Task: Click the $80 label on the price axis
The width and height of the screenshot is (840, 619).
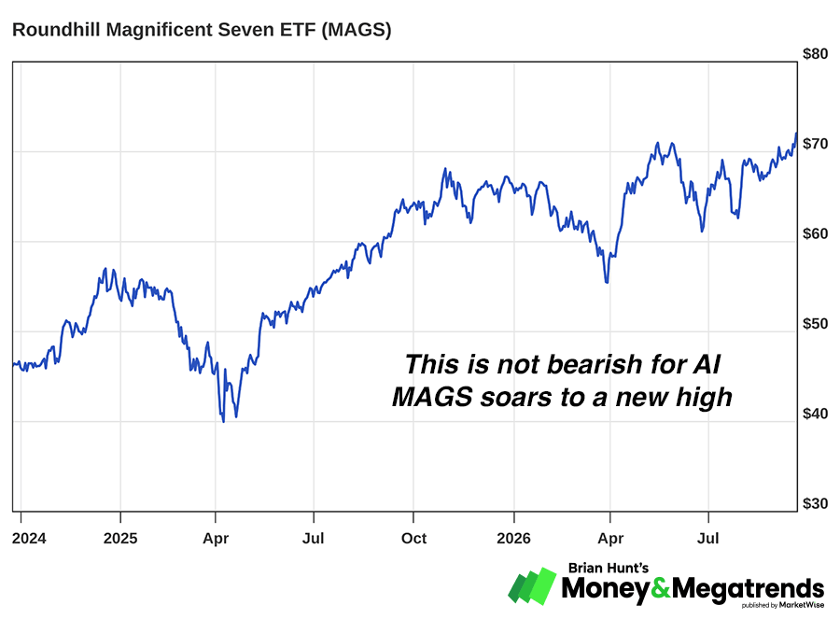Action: (815, 54)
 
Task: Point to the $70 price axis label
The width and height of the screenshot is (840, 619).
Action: (815, 144)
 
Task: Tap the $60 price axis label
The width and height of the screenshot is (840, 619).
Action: (815, 234)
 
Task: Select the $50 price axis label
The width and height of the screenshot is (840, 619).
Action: (815, 324)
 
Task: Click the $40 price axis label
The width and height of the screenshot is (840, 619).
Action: (815, 414)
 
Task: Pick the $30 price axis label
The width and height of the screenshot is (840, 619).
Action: (815, 504)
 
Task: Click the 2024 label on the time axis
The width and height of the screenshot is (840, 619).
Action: (29, 538)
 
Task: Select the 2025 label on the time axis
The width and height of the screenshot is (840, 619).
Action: (120, 538)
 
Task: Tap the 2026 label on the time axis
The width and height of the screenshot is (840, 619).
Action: (513, 538)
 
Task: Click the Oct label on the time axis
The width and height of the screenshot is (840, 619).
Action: (413, 538)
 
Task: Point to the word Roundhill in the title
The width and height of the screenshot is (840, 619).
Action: (56, 30)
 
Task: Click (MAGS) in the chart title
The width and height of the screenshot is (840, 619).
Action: (357, 30)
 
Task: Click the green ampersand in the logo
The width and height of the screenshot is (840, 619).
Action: (661, 588)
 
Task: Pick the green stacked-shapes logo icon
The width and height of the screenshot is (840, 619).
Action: (533, 585)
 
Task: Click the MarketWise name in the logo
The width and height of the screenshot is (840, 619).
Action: (802, 605)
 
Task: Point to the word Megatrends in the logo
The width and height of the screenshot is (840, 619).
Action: (748, 589)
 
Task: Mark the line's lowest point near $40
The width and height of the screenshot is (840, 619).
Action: (223, 422)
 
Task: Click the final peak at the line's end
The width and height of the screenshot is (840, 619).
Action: (796, 134)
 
